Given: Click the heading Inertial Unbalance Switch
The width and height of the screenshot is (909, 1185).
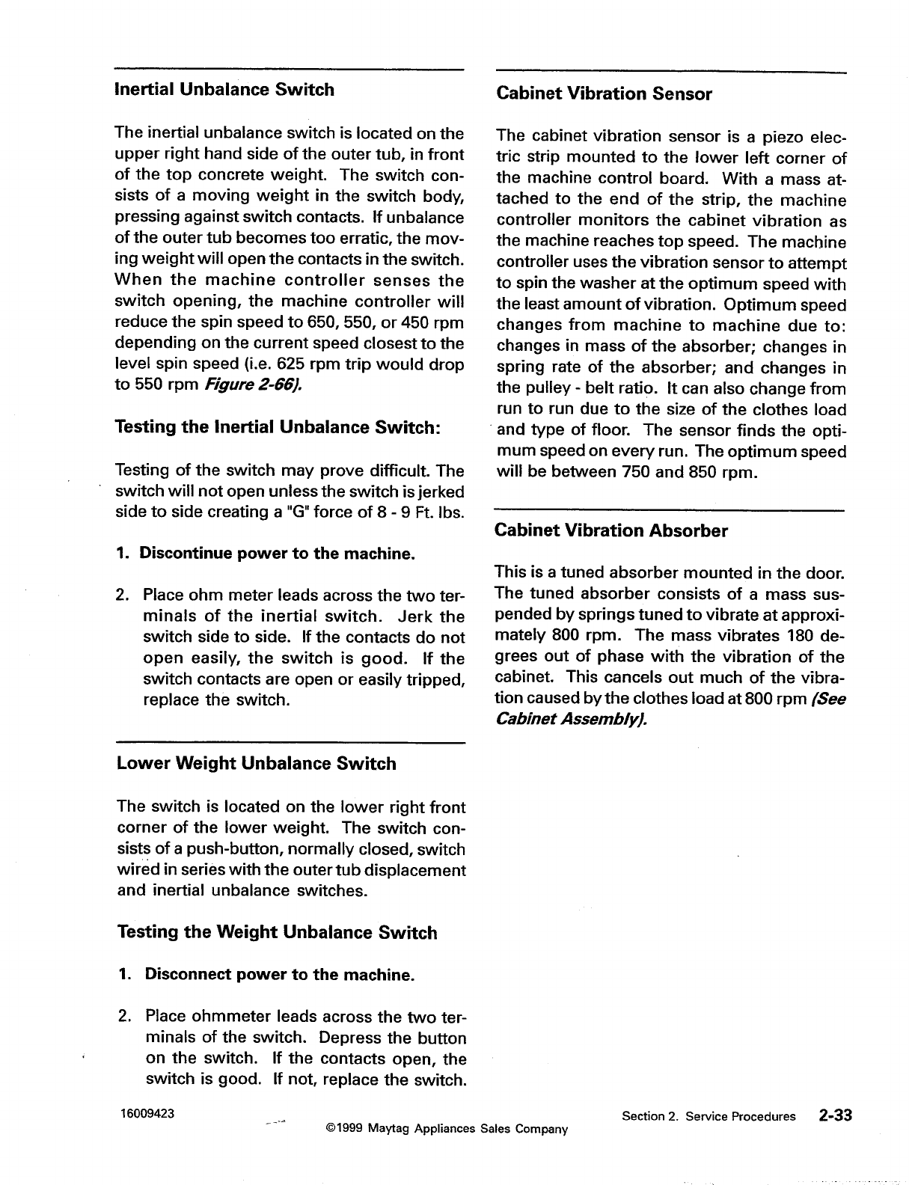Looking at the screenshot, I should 224,90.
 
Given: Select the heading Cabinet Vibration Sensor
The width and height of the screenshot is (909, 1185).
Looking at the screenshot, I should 604,94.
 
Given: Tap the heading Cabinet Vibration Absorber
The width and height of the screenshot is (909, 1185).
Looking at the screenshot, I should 611,531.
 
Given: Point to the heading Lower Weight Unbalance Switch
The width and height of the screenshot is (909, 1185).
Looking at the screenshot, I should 257,764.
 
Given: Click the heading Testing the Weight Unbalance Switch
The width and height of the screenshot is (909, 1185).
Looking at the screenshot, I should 277,933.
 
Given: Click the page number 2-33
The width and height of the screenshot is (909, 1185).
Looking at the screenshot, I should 835,1115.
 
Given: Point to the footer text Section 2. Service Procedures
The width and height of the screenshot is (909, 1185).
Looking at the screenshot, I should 708,1116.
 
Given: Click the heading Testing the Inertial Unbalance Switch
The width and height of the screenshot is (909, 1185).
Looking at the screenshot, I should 278,428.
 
